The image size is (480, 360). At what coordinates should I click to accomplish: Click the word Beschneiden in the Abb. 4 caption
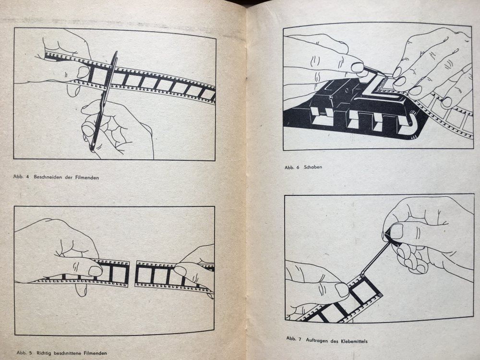48,177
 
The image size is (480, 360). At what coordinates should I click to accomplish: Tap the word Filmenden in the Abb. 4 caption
87,177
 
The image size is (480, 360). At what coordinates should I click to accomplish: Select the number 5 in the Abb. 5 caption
31,353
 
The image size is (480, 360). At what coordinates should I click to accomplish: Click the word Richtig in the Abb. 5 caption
44,353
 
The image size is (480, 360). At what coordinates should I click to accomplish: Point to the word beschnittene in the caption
68,353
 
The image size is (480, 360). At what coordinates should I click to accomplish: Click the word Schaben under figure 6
313,167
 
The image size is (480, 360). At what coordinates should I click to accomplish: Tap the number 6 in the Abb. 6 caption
298,168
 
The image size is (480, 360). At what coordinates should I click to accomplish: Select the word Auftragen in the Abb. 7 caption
317,340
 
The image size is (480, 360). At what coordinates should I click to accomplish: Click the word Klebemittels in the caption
354,341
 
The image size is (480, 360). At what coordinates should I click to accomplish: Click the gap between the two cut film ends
132,274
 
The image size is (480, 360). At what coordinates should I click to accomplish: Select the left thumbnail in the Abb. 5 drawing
95,271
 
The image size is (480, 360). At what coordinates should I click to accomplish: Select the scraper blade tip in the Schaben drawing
383,74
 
